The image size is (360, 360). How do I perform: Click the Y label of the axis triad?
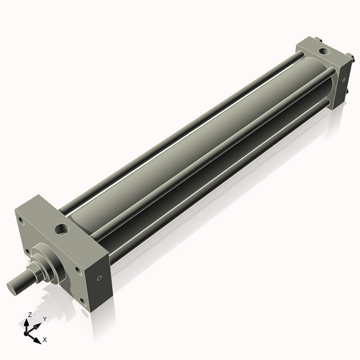coord(45,318)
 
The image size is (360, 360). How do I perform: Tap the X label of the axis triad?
coord(45,338)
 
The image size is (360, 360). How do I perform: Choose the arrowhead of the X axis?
coord(40,336)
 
